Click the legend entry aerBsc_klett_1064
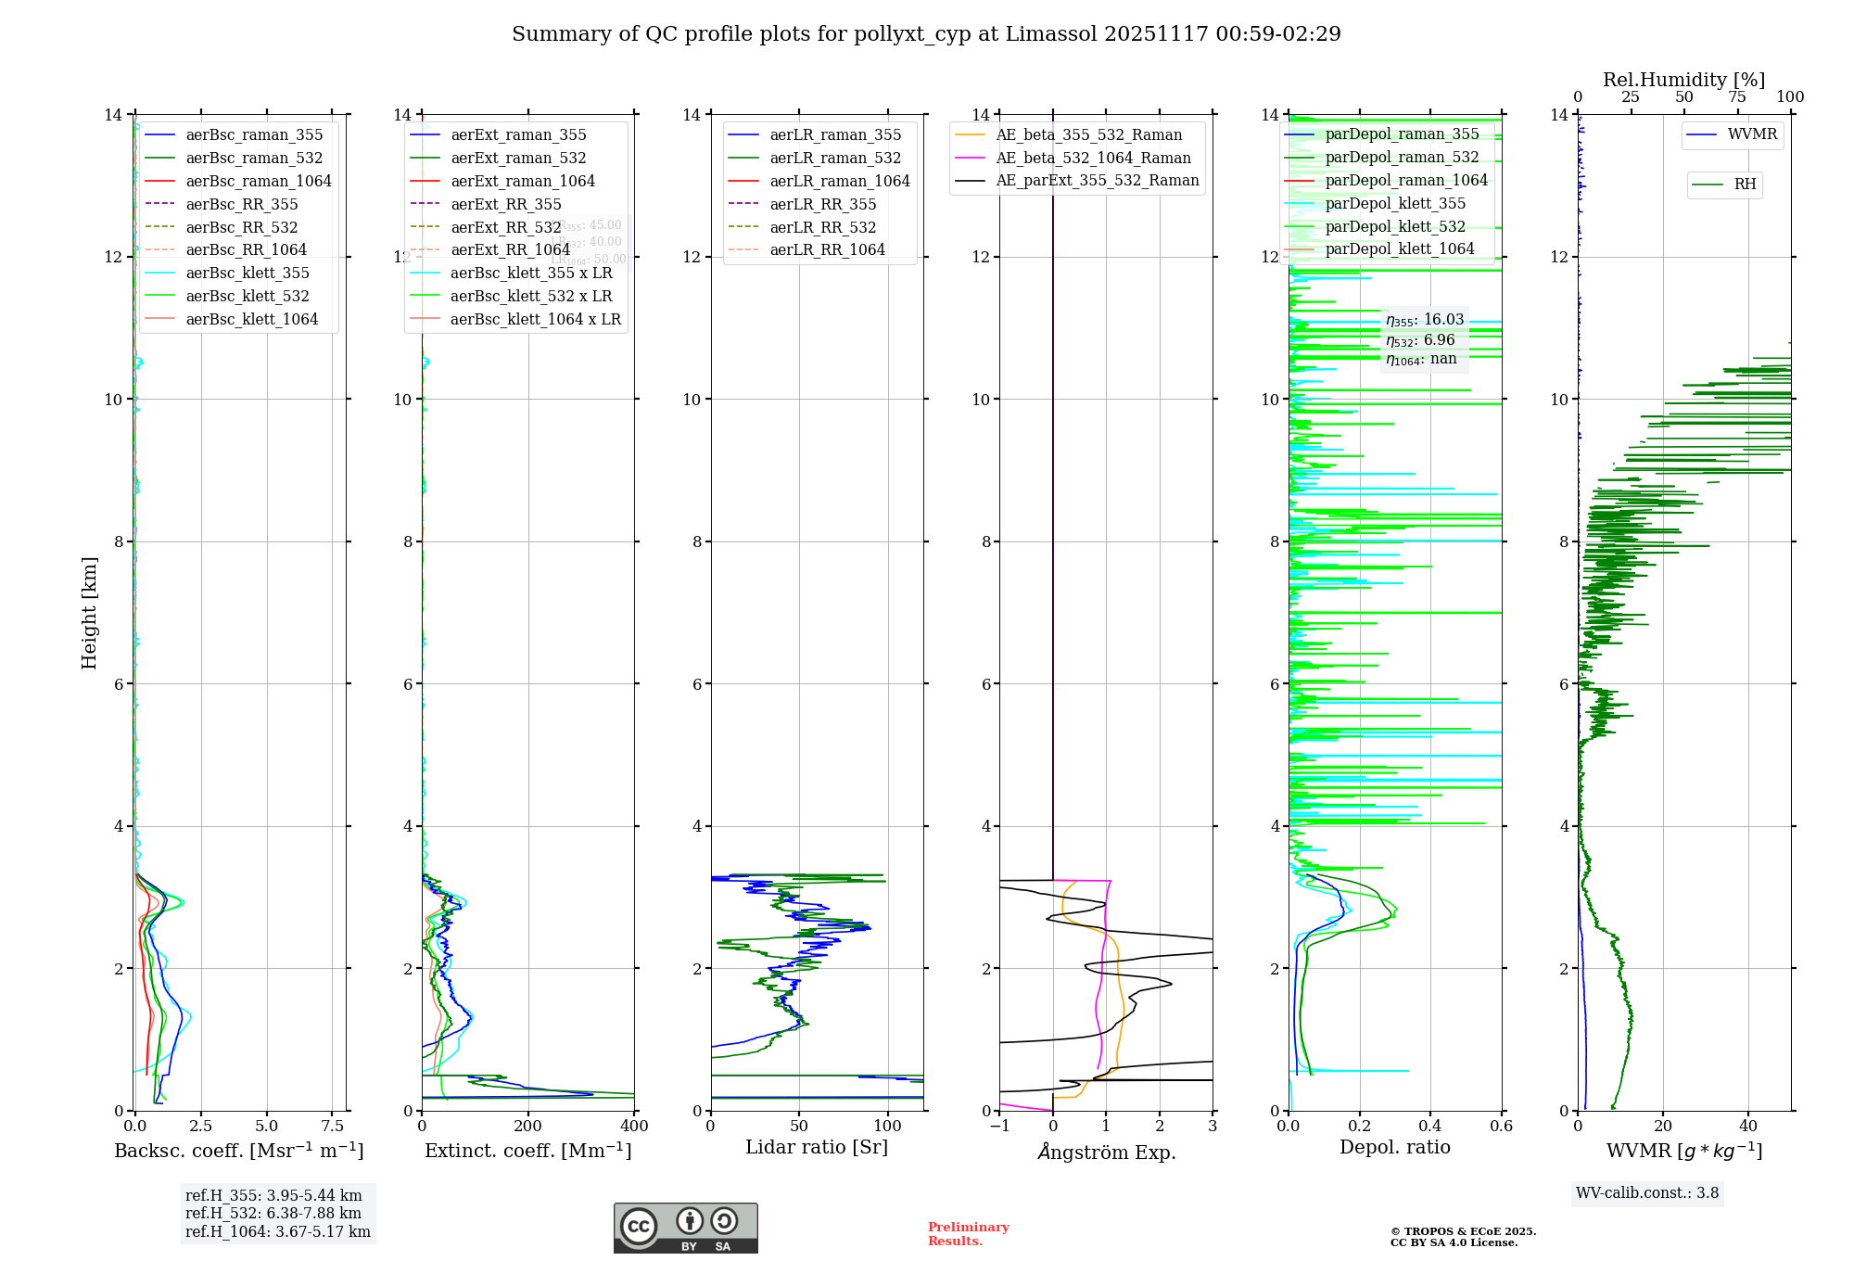click(251, 319)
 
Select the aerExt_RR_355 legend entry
click(505, 204)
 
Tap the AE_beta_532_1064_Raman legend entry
click(1093, 158)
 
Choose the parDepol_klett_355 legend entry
click(1394, 203)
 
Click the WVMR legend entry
click(1751, 134)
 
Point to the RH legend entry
click(1744, 185)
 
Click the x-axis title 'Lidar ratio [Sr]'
click(816, 1147)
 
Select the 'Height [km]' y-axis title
click(89, 612)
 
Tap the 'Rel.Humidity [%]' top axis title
click(1683, 80)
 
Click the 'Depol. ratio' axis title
click(1394, 1147)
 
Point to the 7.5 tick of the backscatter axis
click(333, 1127)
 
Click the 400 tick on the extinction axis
click(634, 1127)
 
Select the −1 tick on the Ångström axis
click(998, 1127)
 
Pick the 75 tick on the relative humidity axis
click(1736, 97)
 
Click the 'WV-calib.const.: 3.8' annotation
click(1646, 1193)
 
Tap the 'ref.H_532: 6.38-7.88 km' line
click(273, 1214)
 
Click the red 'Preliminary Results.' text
click(968, 1234)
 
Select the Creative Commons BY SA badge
click(685, 1229)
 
